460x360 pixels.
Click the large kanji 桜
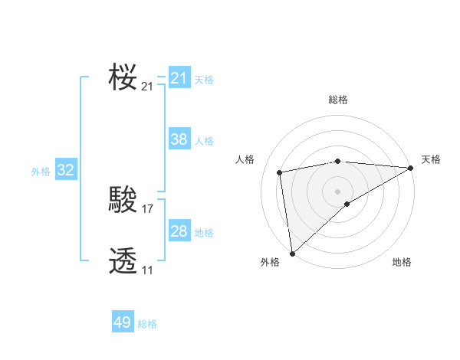pyautogui.click(x=123, y=77)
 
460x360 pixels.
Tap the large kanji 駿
pyautogui.click(x=123, y=201)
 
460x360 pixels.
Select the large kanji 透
pyautogui.click(x=123, y=261)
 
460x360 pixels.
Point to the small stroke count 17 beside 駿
pyautogui.click(x=148, y=208)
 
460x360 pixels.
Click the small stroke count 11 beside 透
pyautogui.click(x=147, y=270)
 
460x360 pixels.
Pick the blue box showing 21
pyautogui.click(x=179, y=78)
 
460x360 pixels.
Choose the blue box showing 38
pyautogui.click(x=179, y=139)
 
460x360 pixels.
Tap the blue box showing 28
pyautogui.click(x=179, y=231)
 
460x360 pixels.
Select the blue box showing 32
pyautogui.click(x=66, y=170)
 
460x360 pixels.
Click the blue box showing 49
pyautogui.click(x=123, y=322)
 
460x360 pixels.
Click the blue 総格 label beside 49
pyautogui.click(x=147, y=324)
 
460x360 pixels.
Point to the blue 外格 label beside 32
pyautogui.click(x=41, y=172)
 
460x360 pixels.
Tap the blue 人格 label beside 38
pyautogui.click(x=204, y=141)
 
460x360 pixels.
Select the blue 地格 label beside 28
pyautogui.click(x=204, y=233)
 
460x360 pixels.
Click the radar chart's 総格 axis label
pyautogui.click(x=337, y=100)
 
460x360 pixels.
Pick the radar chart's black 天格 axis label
pyautogui.click(x=431, y=159)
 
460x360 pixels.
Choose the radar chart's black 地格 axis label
pyautogui.click(x=402, y=263)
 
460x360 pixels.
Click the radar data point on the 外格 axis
pyautogui.click(x=292, y=254)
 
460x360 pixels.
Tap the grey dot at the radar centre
pyautogui.click(x=337, y=191)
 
